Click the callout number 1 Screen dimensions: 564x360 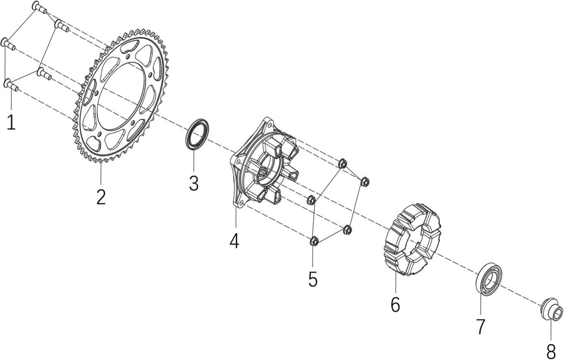click(x=12, y=122)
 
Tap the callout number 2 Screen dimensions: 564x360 click(x=101, y=197)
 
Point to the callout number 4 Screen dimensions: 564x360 click(x=235, y=240)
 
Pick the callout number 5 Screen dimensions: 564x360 click(x=313, y=279)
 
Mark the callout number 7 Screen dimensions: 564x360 click(x=481, y=326)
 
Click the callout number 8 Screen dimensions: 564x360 click(x=551, y=351)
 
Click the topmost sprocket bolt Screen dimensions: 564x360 click(x=39, y=7)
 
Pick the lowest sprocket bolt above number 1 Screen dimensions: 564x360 click(x=12, y=85)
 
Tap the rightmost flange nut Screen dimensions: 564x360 click(x=365, y=181)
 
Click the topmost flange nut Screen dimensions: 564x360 click(x=342, y=164)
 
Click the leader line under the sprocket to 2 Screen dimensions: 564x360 click(x=101, y=174)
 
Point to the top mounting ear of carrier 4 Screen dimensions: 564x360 click(x=268, y=122)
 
